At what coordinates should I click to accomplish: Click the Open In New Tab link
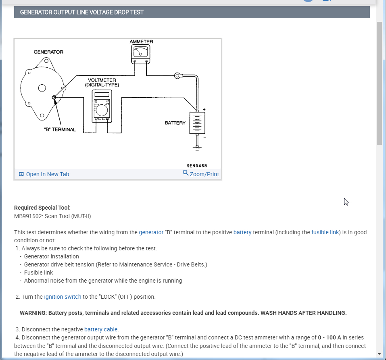point(44,174)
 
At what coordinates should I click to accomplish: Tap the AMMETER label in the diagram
point(141,42)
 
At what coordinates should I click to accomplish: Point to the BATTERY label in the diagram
point(175,123)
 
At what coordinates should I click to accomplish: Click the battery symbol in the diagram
point(197,123)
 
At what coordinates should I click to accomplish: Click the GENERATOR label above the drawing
point(48,52)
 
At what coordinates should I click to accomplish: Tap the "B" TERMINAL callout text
point(60,129)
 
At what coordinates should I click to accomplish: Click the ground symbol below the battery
point(197,148)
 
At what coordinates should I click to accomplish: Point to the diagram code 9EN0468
point(197,166)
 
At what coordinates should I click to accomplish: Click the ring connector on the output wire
point(177,75)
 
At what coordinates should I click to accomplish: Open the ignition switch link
point(63,297)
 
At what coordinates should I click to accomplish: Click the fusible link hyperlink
point(325,232)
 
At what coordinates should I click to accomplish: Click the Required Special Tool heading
point(42,208)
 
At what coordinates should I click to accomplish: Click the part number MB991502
point(28,216)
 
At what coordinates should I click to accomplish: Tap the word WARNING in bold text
point(32,313)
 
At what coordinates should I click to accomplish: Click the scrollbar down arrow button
point(379,354)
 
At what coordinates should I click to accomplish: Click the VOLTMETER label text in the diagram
point(102,80)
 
